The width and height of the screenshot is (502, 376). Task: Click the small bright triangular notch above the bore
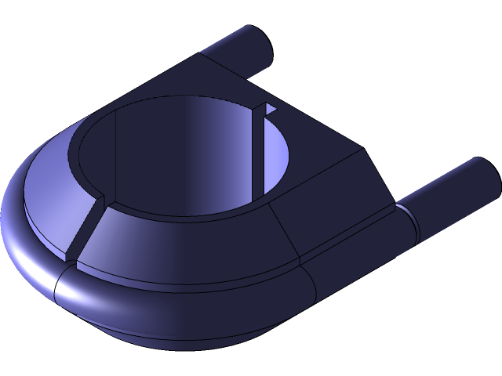point(270,109)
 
